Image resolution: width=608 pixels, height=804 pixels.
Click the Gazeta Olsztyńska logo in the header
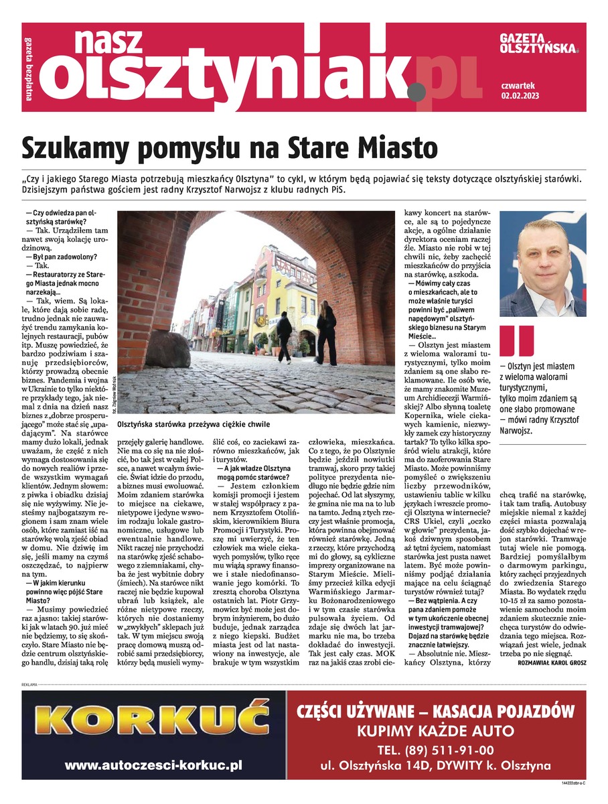(538, 44)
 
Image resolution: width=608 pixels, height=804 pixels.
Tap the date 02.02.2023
(520, 96)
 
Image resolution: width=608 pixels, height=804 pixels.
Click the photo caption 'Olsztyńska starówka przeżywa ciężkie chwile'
(193, 425)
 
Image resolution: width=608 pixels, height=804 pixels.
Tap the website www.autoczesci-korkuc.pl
(153, 764)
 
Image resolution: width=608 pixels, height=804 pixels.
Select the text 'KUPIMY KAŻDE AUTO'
(435, 730)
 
